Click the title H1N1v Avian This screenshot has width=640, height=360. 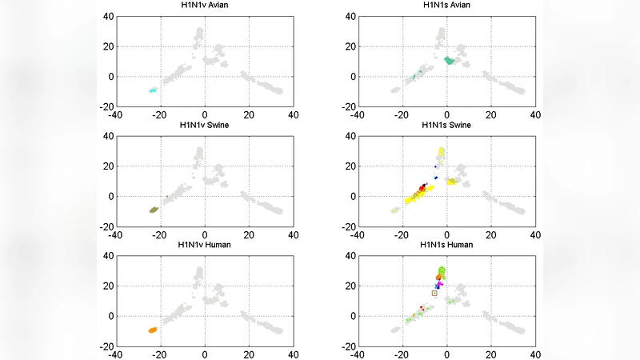pos(204,6)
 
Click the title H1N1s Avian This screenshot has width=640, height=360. pos(446,6)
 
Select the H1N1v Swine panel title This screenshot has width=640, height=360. pos(204,125)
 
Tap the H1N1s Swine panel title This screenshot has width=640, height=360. pos(446,125)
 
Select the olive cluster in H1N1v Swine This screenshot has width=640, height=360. pos(153,210)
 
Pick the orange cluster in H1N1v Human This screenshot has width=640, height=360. pos(152,330)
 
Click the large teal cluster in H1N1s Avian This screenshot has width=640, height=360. pos(450,60)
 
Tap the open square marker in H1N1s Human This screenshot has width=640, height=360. pos(434,293)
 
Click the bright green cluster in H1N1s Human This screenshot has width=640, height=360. pos(442,271)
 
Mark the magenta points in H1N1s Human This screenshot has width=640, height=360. pos(440,284)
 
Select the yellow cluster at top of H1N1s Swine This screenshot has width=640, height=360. pos(441,152)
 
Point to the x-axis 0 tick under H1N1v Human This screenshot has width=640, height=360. pos(204,354)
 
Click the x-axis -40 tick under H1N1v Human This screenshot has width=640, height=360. pos(117,354)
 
